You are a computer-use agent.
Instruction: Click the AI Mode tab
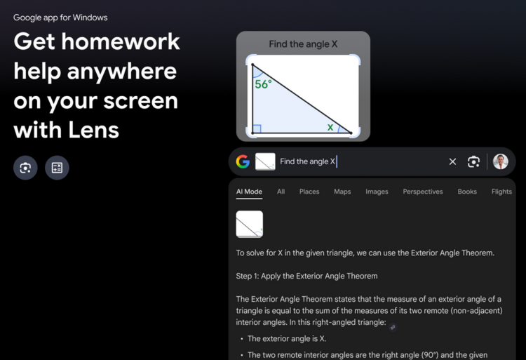249,192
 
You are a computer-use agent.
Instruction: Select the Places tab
309,192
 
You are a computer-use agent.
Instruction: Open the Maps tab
342,192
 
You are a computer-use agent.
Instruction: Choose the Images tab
377,192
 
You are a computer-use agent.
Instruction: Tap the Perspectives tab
423,192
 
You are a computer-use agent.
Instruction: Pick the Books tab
467,192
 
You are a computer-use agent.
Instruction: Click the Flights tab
501,192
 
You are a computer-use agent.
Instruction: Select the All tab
281,192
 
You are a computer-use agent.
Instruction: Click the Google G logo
243,161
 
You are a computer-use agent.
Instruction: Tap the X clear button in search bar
452,161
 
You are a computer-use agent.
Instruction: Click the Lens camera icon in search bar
473,161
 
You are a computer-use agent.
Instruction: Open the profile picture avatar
501,161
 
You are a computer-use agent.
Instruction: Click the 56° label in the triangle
263,84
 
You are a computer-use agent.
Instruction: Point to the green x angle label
330,127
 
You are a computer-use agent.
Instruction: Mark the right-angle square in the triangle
257,129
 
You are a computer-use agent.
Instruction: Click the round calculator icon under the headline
57,168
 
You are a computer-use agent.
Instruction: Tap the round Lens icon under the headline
25,168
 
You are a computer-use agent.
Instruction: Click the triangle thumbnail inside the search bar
265,161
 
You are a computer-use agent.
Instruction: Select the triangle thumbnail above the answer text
249,224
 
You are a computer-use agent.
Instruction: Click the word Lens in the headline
93,130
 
